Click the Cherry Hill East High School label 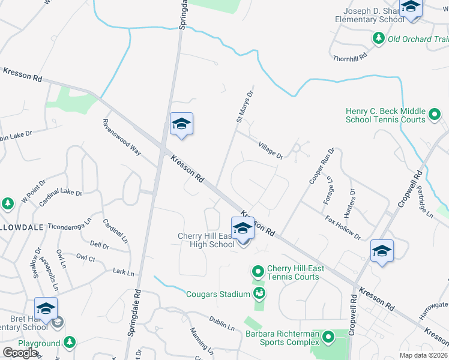tap(206, 240)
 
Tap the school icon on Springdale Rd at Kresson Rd tap(181, 124)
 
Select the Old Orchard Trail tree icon tap(378, 39)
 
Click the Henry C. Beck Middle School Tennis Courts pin tap(434, 113)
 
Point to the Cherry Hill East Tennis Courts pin tap(258, 272)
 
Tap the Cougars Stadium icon tap(259, 293)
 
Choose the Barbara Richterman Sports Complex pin tap(328, 337)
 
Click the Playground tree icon tap(70, 342)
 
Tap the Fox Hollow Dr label tap(343, 227)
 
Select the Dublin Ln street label tap(221, 323)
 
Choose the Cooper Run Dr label tap(320, 168)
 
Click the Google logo tap(20, 352)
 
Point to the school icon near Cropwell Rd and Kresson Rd tap(382, 251)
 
